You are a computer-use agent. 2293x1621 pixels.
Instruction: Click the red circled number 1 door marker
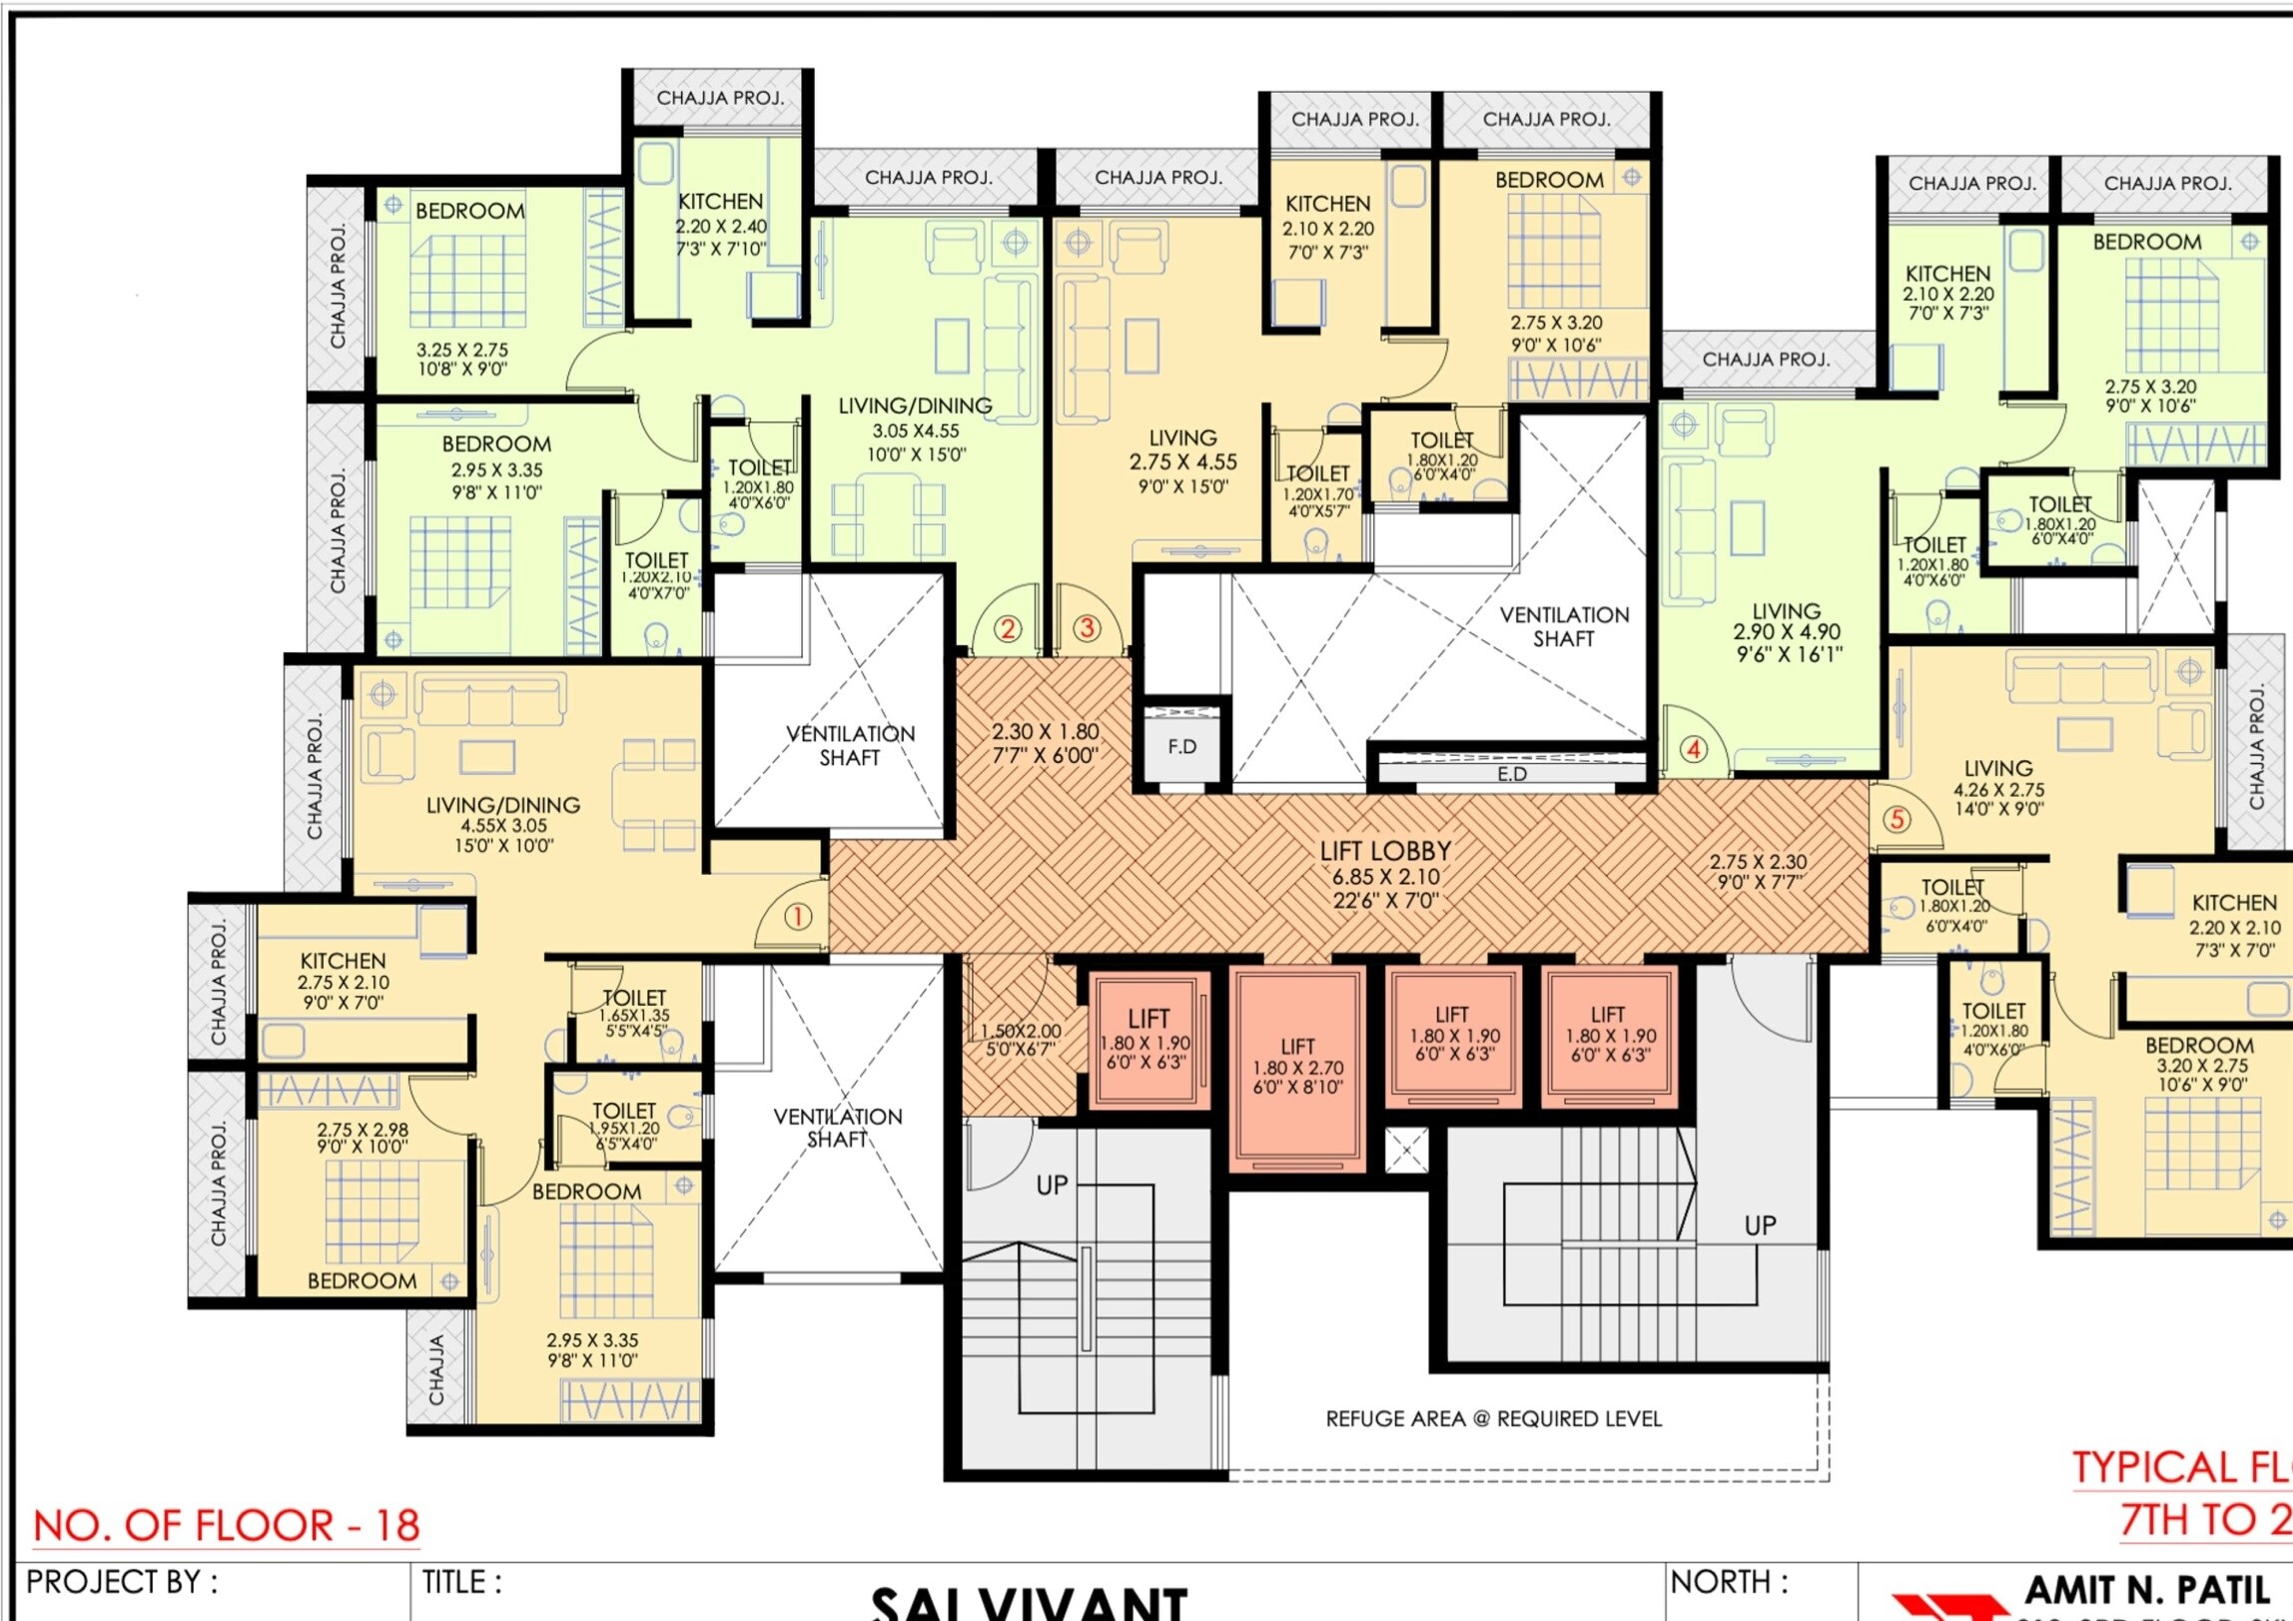797,916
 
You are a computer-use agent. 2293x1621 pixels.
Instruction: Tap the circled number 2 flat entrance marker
1008,628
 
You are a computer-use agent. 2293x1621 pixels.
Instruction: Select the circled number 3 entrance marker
1087,627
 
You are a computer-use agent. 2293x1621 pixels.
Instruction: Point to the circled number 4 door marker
1694,748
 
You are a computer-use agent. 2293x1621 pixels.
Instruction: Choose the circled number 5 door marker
1897,819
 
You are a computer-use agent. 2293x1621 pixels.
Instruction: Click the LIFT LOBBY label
1385,851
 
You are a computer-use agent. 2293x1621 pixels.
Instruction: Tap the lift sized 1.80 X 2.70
1297,1066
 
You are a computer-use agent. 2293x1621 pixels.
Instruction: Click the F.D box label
1181,746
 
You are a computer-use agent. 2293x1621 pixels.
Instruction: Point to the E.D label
1511,774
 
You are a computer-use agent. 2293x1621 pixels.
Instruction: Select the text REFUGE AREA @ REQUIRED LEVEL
1493,1418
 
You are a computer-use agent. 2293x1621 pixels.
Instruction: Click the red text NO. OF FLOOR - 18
227,1525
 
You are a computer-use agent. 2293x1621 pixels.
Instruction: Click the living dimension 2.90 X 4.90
1787,631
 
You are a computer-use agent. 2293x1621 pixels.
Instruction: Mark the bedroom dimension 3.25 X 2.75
462,351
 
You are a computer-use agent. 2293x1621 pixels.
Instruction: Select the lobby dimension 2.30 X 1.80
1045,731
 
